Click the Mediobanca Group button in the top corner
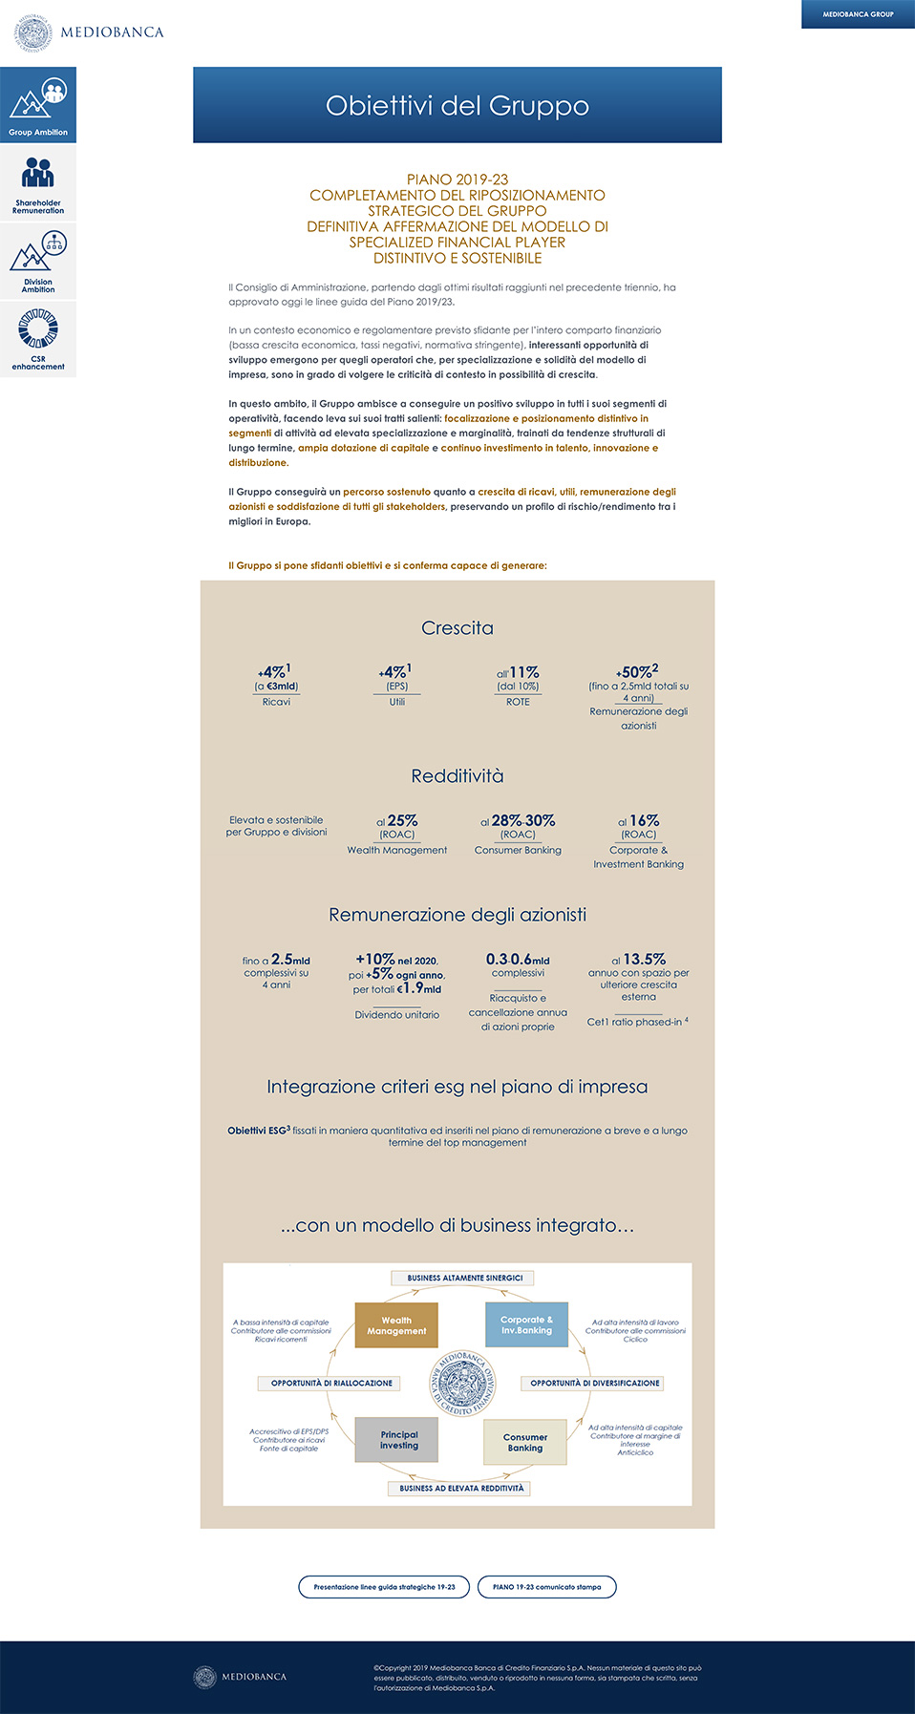click(x=858, y=14)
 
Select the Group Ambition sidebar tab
click(x=38, y=105)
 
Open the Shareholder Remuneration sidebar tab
click(x=38, y=183)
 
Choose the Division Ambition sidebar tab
click(x=38, y=262)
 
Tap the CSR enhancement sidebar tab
click(x=38, y=340)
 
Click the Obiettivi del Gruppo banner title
click(x=457, y=105)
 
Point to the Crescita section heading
click(x=457, y=628)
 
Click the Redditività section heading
click(x=457, y=776)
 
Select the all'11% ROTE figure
click(x=519, y=672)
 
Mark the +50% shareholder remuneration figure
click(x=637, y=672)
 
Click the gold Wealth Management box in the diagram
click(x=396, y=1325)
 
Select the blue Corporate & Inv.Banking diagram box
click(x=526, y=1325)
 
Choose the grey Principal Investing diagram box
click(x=397, y=1439)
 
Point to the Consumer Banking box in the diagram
click(x=524, y=1442)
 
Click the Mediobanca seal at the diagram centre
click(x=462, y=1383)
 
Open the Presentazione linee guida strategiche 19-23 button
click(x=384, y=1587)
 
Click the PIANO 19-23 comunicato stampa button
click(x=547, y=1587)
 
